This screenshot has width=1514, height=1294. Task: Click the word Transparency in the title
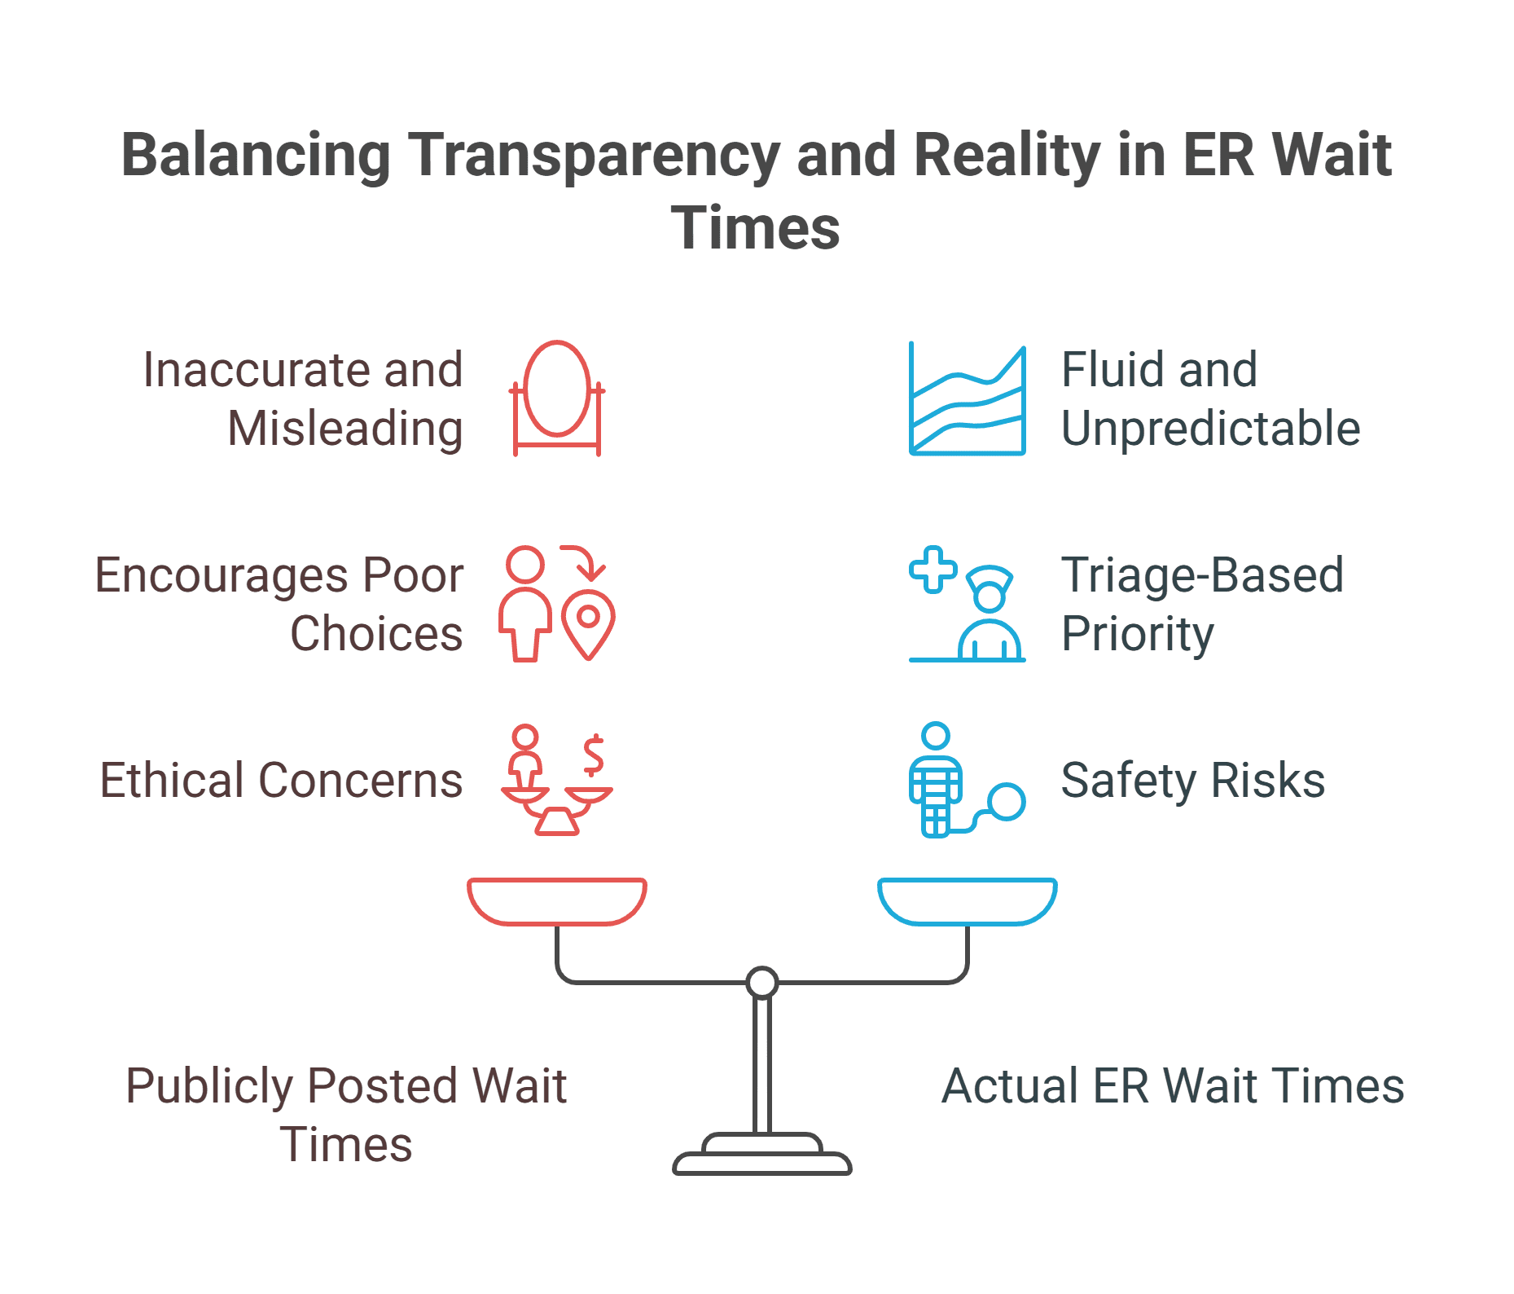point(594,156)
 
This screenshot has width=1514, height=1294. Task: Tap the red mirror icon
point(557,398)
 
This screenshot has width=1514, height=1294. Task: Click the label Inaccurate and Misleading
point(303,398)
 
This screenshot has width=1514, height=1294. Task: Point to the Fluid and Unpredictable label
point(1209,398)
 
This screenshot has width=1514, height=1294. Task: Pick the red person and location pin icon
point(557,603)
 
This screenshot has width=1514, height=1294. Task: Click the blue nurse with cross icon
point(967,603)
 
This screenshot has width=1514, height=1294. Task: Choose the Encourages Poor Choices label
point(279,604)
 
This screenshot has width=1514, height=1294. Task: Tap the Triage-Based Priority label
point(1201,604)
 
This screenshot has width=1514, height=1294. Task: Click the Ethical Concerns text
point(281,781)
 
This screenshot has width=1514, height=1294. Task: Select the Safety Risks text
point(1192,781)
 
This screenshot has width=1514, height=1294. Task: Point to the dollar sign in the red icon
point(594,755)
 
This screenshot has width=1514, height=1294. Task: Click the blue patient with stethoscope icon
point(966,781)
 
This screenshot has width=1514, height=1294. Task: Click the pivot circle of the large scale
point(762,983)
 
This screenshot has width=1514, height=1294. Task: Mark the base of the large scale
point(762,1157)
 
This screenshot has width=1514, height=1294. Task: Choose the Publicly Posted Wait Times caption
point(346,1115)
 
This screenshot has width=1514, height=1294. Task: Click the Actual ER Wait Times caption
point(1173,1086)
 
